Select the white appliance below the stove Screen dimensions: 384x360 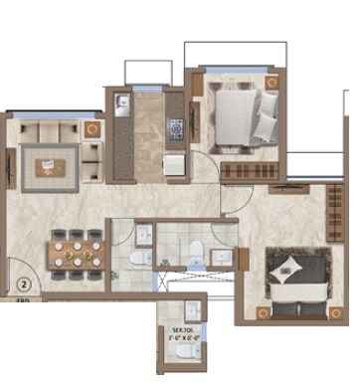click(x=173, y=164)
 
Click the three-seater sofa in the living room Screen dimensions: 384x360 click(x=46, y=131)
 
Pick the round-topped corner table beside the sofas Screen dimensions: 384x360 click(x=92, y=129)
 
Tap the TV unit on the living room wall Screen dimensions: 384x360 click(x=12, y=163)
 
